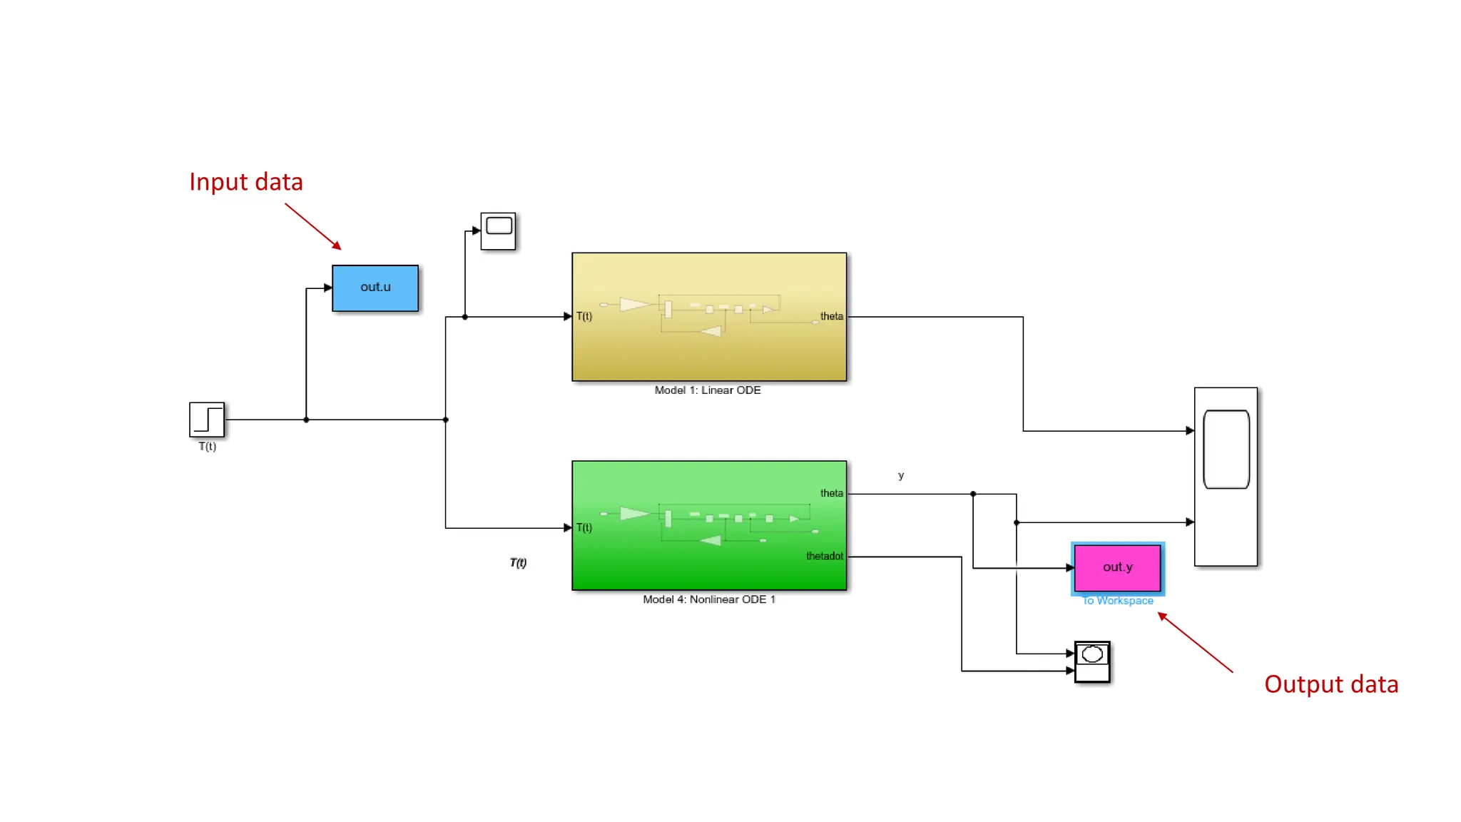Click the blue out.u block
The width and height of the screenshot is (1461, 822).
[375, 288]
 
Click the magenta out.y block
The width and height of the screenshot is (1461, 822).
[1117, 567]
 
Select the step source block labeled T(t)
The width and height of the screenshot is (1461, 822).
[207, 420]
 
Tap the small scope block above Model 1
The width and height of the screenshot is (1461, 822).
[498, 231]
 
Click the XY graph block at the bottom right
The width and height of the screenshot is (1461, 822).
[1092, 662]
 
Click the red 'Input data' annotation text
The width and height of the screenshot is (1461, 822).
[246, 182]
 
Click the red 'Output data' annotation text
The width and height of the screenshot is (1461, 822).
[1331, 684]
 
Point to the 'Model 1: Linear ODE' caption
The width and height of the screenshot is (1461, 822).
[708, 390]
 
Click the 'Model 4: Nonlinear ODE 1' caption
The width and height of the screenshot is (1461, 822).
[708, 599]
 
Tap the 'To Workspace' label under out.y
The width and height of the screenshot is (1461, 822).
[1117, 601]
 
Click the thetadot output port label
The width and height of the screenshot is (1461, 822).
[824, 556]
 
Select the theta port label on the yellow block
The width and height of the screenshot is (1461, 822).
[831, 316]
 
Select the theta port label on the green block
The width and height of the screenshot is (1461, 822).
[831, 493]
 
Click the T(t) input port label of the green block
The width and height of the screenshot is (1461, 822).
[584, 527]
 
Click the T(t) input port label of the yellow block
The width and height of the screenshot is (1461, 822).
[584, 316]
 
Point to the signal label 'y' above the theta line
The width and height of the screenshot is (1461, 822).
[901, 475]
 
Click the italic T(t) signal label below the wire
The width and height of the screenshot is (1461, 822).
[518, 563]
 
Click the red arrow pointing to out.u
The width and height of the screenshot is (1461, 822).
[313, 227]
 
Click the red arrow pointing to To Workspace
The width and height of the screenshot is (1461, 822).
[1196, 642]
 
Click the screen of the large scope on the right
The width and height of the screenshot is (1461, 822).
[1226, 450]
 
